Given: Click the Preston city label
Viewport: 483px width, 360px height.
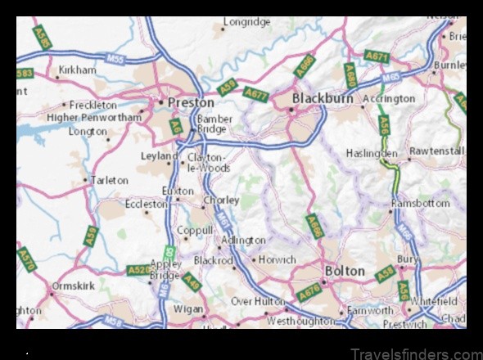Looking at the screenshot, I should tap(191, 103).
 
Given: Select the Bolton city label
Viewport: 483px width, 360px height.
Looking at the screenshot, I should tap(345, 269).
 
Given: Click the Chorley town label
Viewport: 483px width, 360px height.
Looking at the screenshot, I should tap(221, 200).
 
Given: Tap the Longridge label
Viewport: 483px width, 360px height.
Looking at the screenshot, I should tap(246, 22).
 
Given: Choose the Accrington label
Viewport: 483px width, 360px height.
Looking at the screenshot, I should tap(389, 98).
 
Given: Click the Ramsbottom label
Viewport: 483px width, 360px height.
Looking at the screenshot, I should tap(421, 203).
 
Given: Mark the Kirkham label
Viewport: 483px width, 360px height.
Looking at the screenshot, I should tap(77, 71).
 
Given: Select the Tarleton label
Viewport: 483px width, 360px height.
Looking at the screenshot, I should tap(109, 180).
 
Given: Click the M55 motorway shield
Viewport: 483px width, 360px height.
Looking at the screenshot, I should tap(117, 58).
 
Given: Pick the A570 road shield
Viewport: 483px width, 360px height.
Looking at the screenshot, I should tap(28, 259).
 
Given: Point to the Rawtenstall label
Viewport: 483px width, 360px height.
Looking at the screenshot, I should tap(438, 151).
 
